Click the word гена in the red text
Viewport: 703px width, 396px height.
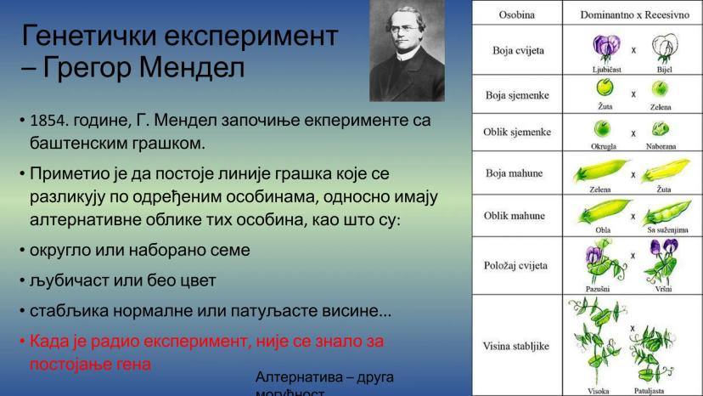133,363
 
